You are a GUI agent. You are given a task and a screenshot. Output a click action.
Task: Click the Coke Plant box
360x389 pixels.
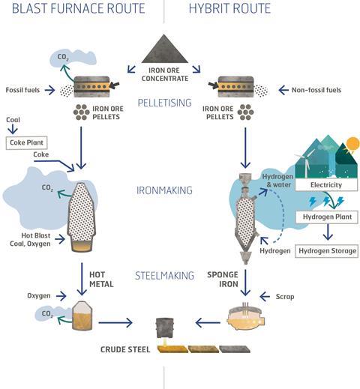tap(26, 143)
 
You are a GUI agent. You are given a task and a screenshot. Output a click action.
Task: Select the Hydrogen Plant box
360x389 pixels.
tap(327, 217)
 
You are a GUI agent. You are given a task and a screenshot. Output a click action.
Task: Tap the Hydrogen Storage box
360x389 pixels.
tap(327, 251)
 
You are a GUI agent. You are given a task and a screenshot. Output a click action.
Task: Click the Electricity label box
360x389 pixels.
tap(326, 185)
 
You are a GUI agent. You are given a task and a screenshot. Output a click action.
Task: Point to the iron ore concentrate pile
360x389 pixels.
tap(164, 50)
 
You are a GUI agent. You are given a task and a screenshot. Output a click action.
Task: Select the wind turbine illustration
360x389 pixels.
tap(305, 163)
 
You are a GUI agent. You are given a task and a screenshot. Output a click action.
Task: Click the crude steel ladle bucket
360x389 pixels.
tap(164, 328)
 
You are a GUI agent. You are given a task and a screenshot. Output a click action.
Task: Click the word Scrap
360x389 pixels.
tap(285, 297)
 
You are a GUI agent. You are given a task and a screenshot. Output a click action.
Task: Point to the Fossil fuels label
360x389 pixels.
tap(22, 90)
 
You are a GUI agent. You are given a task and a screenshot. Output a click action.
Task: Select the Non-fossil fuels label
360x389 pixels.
tap(316, 90)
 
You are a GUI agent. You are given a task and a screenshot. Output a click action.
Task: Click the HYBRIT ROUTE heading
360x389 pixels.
tap(229, 8)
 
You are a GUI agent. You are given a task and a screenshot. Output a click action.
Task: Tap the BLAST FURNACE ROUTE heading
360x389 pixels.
tap(79, 8)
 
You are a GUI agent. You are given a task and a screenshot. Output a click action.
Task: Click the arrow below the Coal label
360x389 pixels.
tap(13, 129)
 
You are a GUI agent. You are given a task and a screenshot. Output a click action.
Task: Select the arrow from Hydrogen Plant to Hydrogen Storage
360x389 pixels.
tap(328, 232)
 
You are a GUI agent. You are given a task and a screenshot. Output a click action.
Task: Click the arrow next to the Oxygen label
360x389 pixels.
tap(61, 296)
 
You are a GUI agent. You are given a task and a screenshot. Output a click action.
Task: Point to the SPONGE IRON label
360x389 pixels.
tap(223, 280)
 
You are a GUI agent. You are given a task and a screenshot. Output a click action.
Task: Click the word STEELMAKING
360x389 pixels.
tap(164, 276)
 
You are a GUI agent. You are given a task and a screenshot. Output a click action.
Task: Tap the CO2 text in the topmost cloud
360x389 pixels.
tap(63, 57)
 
